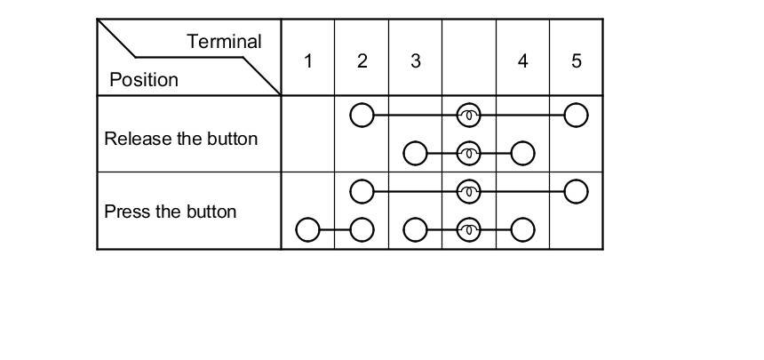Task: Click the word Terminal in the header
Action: coord(224,42)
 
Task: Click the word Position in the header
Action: coord(143,80)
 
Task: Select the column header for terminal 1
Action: coord(307,61)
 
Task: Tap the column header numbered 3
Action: coord(415,61)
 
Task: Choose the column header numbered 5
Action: coord(577,61)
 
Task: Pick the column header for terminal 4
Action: coord(522,61)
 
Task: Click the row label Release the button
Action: coord(181,140)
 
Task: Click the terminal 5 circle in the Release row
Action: coord(577,116)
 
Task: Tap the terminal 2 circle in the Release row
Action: coord(362,116)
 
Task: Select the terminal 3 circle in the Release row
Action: coord(415,154)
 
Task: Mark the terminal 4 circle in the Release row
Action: coord(522,154)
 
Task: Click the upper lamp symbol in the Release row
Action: coord(469,116)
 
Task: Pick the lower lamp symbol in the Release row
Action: coord(469,154)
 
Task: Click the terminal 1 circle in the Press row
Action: coord(307,230)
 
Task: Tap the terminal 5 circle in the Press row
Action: coord(577,191)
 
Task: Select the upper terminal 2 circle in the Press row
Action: coord(362,191)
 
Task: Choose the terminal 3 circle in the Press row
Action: coord(415,230)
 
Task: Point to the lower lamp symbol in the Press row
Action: coord(469,230)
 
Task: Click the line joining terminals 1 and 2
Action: coord(334,230)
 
